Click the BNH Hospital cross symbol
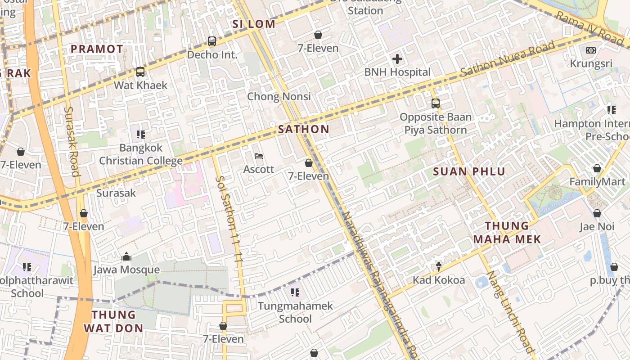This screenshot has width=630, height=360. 397,59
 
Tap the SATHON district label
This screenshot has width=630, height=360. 304,130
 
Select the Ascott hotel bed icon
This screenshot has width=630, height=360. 259,156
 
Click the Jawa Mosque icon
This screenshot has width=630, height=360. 126,257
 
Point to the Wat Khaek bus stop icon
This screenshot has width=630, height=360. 140,72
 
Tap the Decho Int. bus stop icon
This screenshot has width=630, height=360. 212,41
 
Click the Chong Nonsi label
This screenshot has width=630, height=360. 279,96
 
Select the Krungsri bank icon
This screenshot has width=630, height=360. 591,50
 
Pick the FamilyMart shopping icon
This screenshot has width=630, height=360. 597,168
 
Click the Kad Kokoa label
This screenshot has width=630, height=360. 439,280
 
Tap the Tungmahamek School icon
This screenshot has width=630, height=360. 295,292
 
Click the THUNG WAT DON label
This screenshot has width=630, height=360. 113,321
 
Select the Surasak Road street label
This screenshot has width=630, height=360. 72,141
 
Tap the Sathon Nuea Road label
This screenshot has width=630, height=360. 508,60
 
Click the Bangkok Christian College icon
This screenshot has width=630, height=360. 141,134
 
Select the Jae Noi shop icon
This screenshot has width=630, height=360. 597,213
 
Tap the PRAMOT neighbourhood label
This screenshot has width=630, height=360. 97,49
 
